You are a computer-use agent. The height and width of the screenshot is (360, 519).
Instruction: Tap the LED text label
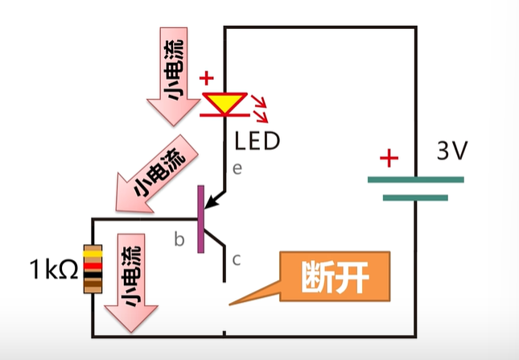(257, 142)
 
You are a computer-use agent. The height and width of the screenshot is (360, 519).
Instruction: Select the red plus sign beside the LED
(207, 79)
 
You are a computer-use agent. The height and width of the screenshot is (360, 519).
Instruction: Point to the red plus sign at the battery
(389, 158)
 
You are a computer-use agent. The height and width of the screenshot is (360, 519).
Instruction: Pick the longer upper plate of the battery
(415, 179)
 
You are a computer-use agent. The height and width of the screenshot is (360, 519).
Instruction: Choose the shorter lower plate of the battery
(415, 197)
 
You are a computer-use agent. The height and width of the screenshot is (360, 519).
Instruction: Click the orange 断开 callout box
(334, 277)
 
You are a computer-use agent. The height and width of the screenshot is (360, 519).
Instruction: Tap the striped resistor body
(93, 269)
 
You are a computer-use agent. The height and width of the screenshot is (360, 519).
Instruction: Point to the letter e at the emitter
(237, 169)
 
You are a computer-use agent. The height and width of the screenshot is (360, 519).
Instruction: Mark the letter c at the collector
(236, 259)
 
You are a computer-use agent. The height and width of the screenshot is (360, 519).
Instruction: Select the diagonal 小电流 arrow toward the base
(154, 176)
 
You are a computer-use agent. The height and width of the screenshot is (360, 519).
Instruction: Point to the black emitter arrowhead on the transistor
(210, 201)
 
